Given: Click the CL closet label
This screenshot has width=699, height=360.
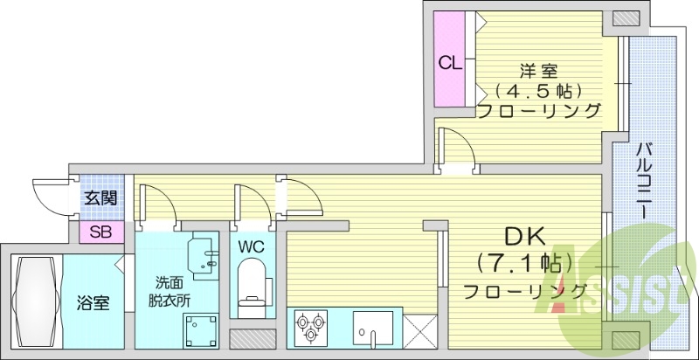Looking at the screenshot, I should [450, 63].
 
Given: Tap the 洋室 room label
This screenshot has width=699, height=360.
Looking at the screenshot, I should [537, 70].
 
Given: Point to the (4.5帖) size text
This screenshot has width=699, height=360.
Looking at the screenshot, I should [537, 90].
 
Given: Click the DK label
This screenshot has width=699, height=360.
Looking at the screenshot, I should [524, 237].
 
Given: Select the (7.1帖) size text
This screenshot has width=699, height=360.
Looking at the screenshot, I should [525, 262].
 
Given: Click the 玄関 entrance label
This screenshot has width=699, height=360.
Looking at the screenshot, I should [100, 197].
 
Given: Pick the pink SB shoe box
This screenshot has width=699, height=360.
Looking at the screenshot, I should [100, 232].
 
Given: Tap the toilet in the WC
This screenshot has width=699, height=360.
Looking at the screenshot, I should [253, 288].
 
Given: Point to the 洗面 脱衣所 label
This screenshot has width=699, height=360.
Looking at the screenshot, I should [172, 292].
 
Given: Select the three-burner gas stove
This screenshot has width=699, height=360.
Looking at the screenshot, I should [309, 329].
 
